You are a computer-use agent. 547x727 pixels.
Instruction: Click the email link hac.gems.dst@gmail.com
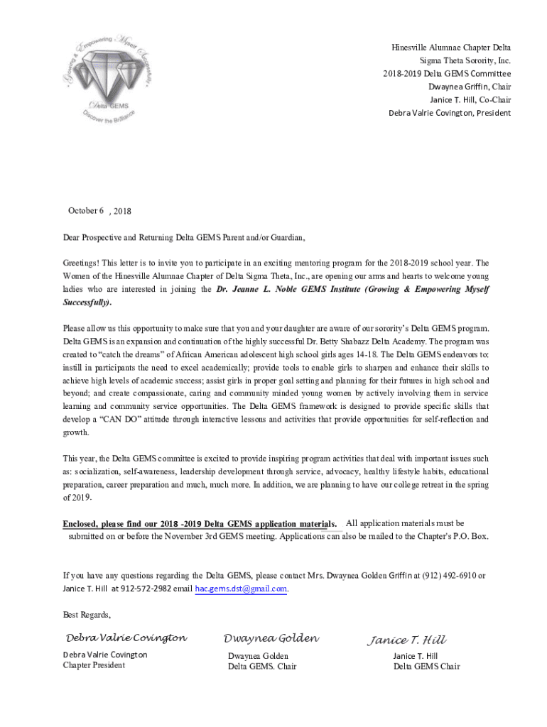point(241,589)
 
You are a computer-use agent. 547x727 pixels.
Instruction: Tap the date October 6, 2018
point(99,211)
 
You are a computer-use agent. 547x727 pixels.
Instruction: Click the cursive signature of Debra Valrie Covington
point(126,638)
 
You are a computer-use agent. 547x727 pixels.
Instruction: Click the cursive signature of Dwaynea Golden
point(271,638)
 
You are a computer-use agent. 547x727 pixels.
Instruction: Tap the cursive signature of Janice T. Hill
point(406,640)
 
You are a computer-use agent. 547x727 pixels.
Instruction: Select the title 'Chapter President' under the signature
point(94,665)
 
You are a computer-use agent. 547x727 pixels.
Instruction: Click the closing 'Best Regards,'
point(87,614)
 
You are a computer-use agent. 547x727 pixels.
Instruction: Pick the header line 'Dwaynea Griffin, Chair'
point(469,87)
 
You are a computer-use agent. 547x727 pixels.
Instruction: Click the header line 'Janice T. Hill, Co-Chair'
point(470,100)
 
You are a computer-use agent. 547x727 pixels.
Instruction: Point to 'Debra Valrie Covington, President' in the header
point(449,113)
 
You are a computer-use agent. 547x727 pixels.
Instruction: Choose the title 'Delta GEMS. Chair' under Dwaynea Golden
point(262,666)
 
